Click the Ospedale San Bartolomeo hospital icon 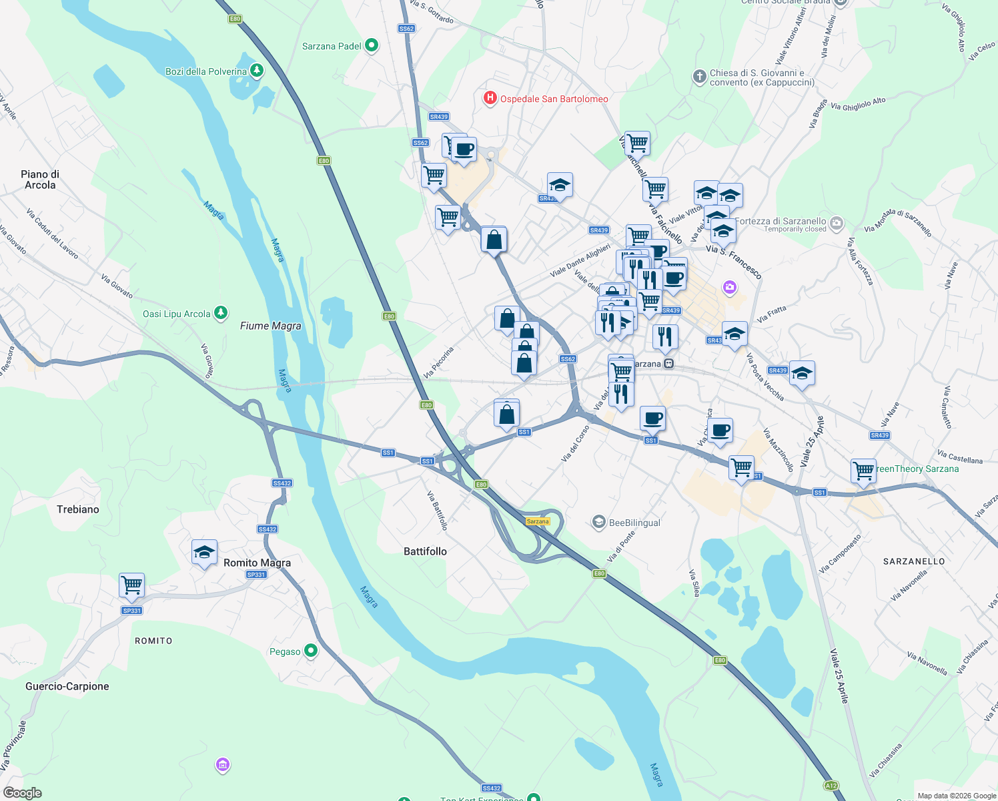[490, 99]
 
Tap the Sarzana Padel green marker [372, 46]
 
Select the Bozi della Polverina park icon [256, 71]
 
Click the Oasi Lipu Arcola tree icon [221, 313]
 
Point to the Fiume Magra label [270, 326]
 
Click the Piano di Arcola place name [40, 180]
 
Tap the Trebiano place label [78, 509]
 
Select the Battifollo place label [425, 551]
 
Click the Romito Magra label [257, 563]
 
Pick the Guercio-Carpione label [67, 686]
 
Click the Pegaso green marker [310, 651]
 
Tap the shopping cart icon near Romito [132, 585]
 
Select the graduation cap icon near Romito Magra [204, 552]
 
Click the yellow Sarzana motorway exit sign [538, 521]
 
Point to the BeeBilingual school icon [598, 522]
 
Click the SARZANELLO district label [914, 561]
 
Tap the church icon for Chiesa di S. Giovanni [699, 77]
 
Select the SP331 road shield [132, 610]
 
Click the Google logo [22, 793]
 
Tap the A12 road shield [831, 786]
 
